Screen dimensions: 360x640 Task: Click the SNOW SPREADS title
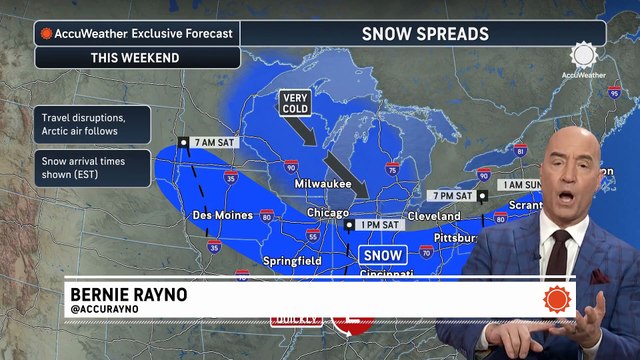(425, 34)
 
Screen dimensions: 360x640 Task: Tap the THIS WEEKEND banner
(135, 57)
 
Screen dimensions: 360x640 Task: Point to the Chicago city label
(329, 213)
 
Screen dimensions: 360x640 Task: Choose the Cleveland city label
(433, 216)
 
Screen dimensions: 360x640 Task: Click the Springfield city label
(291, 260)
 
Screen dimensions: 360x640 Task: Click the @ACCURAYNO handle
(104, 310)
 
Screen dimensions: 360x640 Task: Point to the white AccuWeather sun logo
(583, 55)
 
